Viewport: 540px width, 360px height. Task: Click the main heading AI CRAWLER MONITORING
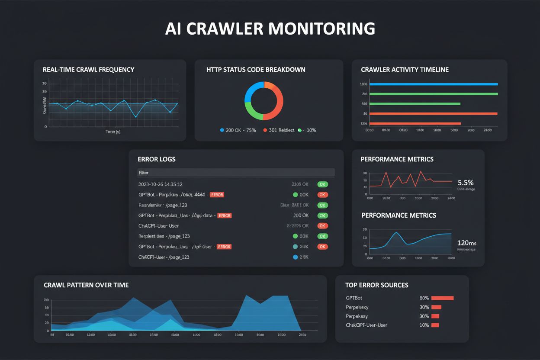coord(270,28)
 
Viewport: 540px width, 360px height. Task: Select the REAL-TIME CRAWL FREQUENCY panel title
coord(88,70)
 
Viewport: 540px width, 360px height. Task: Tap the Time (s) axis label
coord(113,132)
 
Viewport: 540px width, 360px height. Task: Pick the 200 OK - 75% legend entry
coord(238,130)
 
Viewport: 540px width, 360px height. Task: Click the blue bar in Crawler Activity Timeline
coord(433,84)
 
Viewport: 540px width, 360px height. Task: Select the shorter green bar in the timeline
coord(415,104)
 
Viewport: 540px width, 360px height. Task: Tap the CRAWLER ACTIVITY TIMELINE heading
coord(405,70)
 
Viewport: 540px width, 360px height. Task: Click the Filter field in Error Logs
coord(236,173)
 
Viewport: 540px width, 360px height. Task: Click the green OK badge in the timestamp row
coord(322,184)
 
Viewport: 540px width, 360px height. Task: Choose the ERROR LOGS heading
coord(156,159)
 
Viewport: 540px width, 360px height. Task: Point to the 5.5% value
coord(465,183)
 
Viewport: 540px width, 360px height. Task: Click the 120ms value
coord(466,243)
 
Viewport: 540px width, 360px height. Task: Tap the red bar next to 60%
coord(442,298)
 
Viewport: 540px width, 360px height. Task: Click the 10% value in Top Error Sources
coord(424,325)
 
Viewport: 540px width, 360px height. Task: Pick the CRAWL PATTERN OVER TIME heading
coord(86,285)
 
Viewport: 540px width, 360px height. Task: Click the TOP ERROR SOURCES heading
coord(376,285)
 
